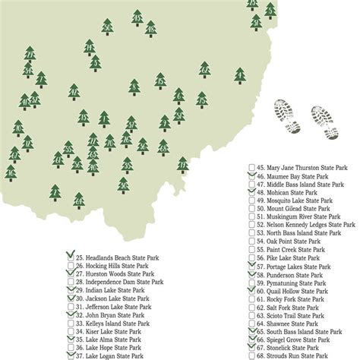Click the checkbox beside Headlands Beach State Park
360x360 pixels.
click(x=71, y=258)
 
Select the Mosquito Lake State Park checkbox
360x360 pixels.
click(x=251, y=201)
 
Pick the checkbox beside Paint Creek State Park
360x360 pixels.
click(x=251, y=250)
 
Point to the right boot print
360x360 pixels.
click(x=325, y=118)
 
